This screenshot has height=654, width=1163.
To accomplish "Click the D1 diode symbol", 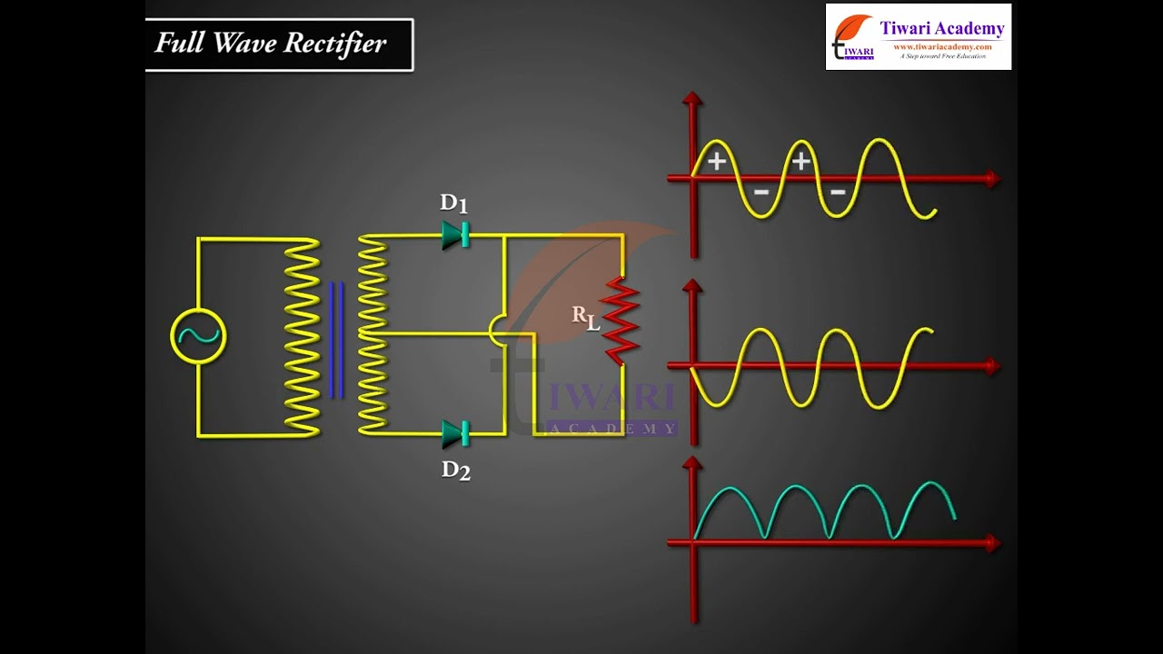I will [x=455, y=234].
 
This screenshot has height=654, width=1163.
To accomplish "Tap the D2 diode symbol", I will [x=455, y=433].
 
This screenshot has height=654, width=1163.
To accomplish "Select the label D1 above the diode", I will [x=453, y=203].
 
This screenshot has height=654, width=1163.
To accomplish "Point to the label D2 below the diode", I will [x=455, y=470].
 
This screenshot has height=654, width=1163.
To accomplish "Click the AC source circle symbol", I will [x=198, y=336].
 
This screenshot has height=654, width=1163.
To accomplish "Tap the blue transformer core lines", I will [x=336, y=340].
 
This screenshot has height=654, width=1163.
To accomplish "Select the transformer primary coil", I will [x=303, y=336].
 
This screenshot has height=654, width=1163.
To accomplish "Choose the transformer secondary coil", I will [x=373, y=334].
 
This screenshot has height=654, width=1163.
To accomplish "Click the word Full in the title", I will [x=177, y=43].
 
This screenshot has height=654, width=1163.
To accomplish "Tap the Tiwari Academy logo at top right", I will [x=918, y=36].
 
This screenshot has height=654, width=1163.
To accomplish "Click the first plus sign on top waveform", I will [x=717, y=162].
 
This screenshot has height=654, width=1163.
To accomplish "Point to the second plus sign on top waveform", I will [x=800, y=162].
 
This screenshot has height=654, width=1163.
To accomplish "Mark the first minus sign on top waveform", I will [x=761, y=192].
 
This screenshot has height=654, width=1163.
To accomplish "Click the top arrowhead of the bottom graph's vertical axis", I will [x=693, y=464].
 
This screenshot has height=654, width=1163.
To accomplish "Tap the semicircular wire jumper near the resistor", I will [x=495, y=331].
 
